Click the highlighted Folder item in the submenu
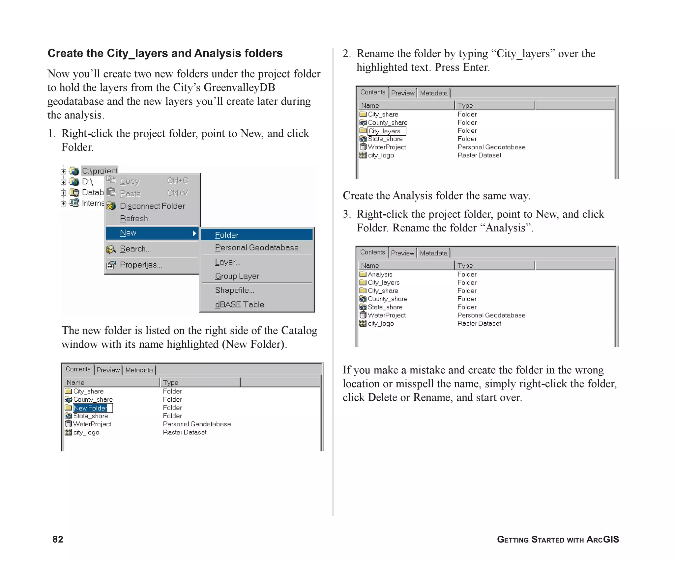[x=256, y=235]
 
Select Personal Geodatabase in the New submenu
[x=256, y=248]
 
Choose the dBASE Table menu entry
[x=240, y=305]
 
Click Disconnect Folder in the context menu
[x=152, y=206]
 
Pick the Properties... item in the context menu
[x=141, y=265]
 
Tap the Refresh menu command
[x=134, y=219]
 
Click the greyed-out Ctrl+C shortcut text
[x=178, y=181]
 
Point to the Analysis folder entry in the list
[x=380, y=274]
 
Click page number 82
[x=58, y=539]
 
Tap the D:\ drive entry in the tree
[x=87, y=182]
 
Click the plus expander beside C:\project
[x=63, y=171]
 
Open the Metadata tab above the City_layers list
[x=433, y=93]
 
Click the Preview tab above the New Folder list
[x=108, y=370]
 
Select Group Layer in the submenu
[x=237, y=276]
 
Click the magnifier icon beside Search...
[x=111, y=249]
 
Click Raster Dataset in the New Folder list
[x=185, y=432]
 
